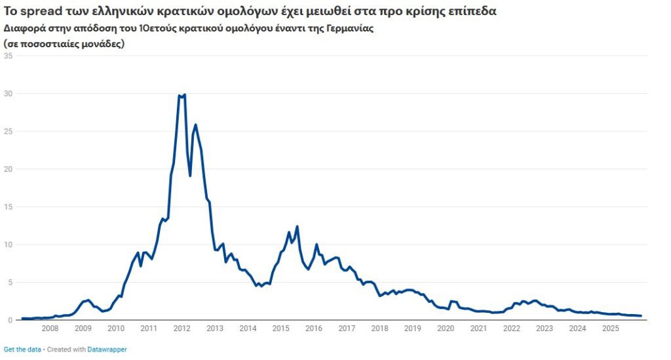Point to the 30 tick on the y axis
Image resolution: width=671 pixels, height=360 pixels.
[x=9, y=93]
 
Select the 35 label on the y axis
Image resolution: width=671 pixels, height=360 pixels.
[x=9, y=56]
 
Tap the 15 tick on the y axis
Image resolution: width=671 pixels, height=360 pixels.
[x=9, y=207]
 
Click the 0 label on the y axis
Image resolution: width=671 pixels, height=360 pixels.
[x=10, y=320]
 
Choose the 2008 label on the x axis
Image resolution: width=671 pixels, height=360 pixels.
[x=50, y=329]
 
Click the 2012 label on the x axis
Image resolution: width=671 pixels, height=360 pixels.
[x=182, y=329]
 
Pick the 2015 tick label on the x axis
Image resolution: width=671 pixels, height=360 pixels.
[x=280, y=329]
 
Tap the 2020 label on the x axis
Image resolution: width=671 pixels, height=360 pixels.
[x=445, y=329]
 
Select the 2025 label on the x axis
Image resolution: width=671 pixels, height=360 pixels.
[x=609, y=329]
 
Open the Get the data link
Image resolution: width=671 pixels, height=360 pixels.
[x=22, y=350]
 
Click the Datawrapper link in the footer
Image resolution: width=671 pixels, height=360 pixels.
[x=107, y=350]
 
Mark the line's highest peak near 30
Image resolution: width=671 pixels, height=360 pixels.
[x=184, y=95]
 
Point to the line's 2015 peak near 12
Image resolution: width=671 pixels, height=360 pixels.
[x=297, y=227]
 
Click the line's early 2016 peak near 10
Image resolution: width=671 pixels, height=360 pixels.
[x=316, y=245]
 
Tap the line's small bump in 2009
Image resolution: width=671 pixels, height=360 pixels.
[x=88, y=300]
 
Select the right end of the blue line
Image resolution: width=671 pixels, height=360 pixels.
[x=640, y=316]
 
